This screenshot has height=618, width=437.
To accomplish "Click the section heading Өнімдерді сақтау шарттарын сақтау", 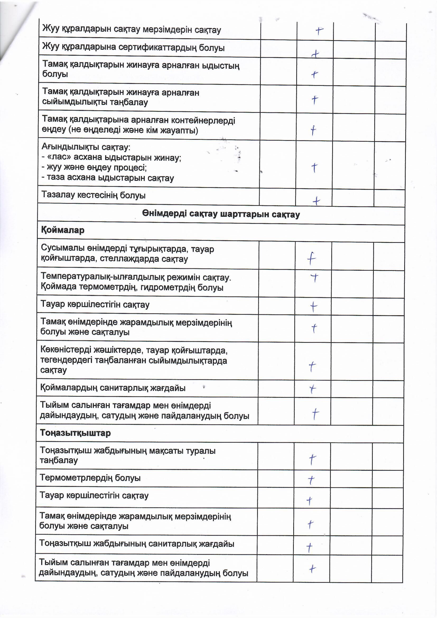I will [x=221, y=215].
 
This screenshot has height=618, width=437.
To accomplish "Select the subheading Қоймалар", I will [x=62, y=230].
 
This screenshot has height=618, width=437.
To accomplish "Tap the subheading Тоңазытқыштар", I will [x=75, y=433].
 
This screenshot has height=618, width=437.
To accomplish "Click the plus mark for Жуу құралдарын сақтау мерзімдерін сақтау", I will [x=319, y=31].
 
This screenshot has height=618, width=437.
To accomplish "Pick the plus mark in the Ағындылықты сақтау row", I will [x=314, y=167].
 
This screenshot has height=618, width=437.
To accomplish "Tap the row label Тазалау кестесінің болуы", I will [x=93, y=195].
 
